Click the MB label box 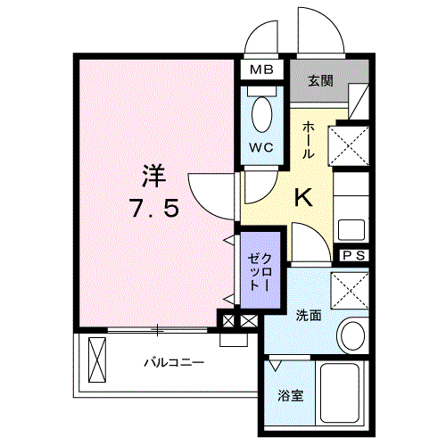pos(261,70)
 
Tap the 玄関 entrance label pos(320,81)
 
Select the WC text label pos(261,147)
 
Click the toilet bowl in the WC pos(261,114)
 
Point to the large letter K pos(303,198)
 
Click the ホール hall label pos(308,140)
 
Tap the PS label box pos(354,255)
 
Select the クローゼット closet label pos(260,272)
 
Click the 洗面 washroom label pos(309,316)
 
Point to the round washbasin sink pos(353,335)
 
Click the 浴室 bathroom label pos(291,396)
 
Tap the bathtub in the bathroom pos(340,392)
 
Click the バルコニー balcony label pos(174,363)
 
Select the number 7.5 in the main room pos(154,208)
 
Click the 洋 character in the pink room pos(153,176)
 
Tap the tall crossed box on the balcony pos(97,359)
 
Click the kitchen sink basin pos(351,230)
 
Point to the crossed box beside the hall pos(348,145)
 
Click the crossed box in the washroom pos(350,291)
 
